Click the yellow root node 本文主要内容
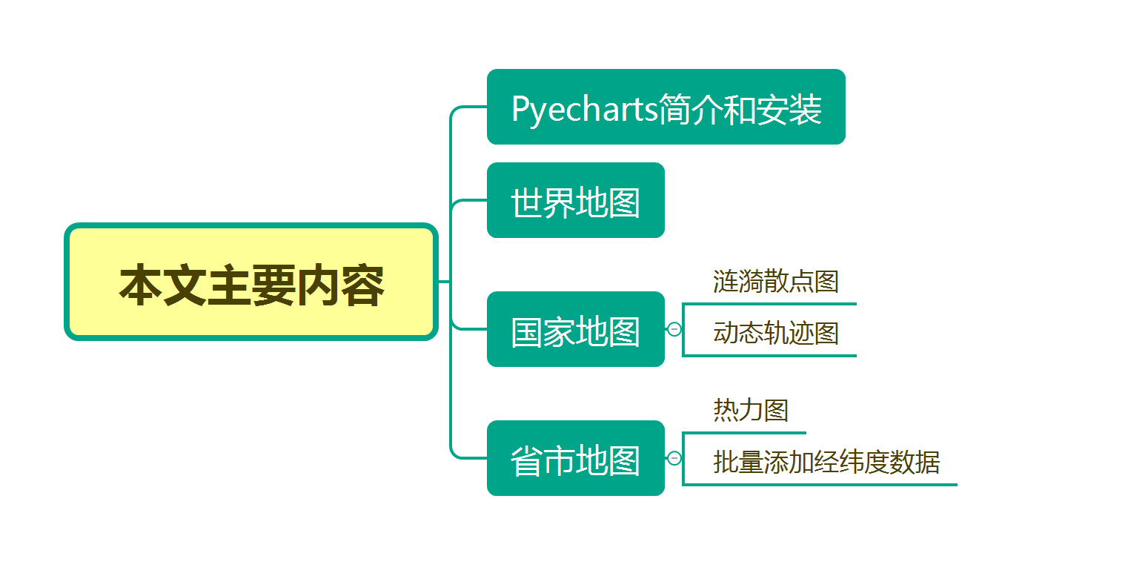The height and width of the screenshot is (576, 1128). point(251,282)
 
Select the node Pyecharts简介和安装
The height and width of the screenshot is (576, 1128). point(666,107)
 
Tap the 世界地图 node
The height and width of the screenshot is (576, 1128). point(576,200)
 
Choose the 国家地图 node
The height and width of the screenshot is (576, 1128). point(576,329)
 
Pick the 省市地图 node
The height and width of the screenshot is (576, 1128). point(576,458)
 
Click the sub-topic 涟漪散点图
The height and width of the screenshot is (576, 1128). point(775,281)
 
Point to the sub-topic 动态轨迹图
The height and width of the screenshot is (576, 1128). point(775,333)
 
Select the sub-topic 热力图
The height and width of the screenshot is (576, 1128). point(750,410)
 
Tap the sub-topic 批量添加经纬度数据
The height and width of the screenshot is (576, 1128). point(826,462)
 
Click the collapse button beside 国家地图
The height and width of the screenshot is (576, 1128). point(674,329)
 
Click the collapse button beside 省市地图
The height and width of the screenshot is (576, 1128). point(674,458)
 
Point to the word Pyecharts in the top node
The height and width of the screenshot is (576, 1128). point(584,110)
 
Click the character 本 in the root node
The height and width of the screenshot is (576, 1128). point(141,285)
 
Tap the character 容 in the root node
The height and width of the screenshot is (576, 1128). point(362,285)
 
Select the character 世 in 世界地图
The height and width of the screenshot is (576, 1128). point(527,202)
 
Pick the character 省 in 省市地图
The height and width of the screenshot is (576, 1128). point(527,460)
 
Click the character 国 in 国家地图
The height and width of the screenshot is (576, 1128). point(527,332)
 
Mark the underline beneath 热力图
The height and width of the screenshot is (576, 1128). point(744,433)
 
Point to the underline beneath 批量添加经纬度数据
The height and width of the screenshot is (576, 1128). point(820,485)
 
